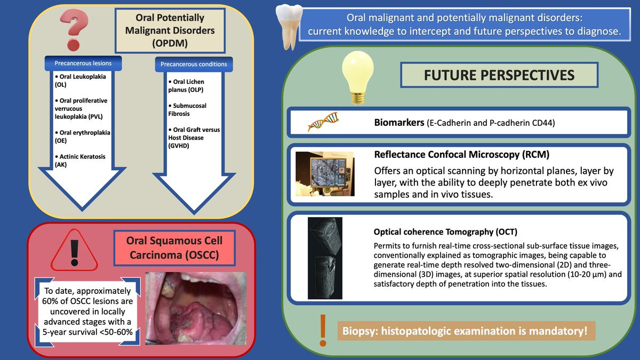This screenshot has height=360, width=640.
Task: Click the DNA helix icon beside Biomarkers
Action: coord(323,122)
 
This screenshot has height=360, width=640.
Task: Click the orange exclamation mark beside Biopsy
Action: coord(323,331)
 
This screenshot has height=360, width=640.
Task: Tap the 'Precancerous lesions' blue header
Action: coord(83,63)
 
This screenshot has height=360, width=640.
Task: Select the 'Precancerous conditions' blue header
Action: coord(194,65)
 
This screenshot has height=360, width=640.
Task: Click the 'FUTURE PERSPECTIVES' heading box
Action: coord(499,75)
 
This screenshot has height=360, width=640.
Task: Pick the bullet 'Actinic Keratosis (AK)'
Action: coord(81,161)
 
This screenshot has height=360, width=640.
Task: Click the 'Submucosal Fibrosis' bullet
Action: coord(187,110)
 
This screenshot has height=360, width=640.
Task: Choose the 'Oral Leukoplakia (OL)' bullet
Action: coord(81,81)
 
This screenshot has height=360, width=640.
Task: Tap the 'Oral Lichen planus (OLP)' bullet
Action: coord(186,86)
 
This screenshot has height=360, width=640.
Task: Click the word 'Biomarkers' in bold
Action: coord(399,123)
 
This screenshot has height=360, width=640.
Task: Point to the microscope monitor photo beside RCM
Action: coord(325,174)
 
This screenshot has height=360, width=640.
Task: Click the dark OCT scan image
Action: coord(325,258)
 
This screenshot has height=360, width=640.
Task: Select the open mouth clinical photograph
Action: coord(196,309)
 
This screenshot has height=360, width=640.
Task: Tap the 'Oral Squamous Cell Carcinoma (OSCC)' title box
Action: coord(174,248)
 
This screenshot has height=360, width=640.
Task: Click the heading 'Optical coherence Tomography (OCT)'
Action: coord(445,231)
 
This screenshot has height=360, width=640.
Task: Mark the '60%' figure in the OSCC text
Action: coord(51,301)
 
